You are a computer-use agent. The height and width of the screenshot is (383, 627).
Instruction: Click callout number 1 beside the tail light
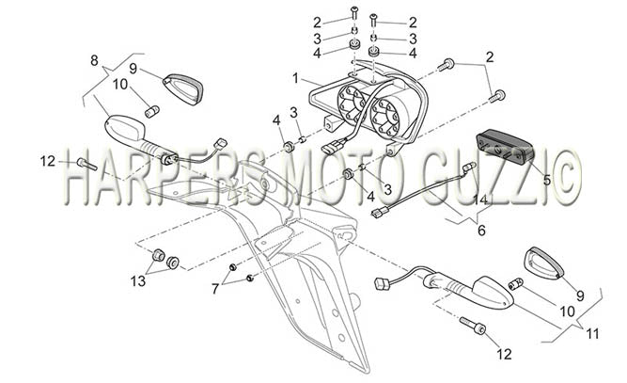pos(295,78)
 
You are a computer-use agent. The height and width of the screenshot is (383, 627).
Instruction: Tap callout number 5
pos(546,180)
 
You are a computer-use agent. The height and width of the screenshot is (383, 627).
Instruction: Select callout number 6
pos(481,231)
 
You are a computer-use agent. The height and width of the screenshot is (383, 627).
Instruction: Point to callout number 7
pos(215,288)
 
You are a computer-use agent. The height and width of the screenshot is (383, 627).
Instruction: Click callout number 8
pos(94,61)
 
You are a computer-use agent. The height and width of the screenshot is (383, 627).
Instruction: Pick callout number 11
pos(592,333)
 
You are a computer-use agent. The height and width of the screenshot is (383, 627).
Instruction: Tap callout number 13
pos(138,281)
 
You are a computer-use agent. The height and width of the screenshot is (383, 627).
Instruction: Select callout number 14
pos(480,199)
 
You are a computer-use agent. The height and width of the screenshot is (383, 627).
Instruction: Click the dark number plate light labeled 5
pos(505,148)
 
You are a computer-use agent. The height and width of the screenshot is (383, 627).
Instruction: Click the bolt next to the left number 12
pos(86,164)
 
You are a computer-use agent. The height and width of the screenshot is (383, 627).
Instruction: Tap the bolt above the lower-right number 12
pos(473,326)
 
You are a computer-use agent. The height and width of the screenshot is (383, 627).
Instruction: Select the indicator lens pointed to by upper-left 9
pos(183,89)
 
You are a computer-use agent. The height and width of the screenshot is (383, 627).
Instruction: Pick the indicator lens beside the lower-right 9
pos(543,263)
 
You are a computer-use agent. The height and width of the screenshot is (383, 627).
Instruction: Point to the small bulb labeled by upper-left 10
pos(152,111)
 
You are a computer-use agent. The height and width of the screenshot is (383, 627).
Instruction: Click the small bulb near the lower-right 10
pos(516,284)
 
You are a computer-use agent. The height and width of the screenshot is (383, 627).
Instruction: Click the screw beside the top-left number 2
pos(353,13)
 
